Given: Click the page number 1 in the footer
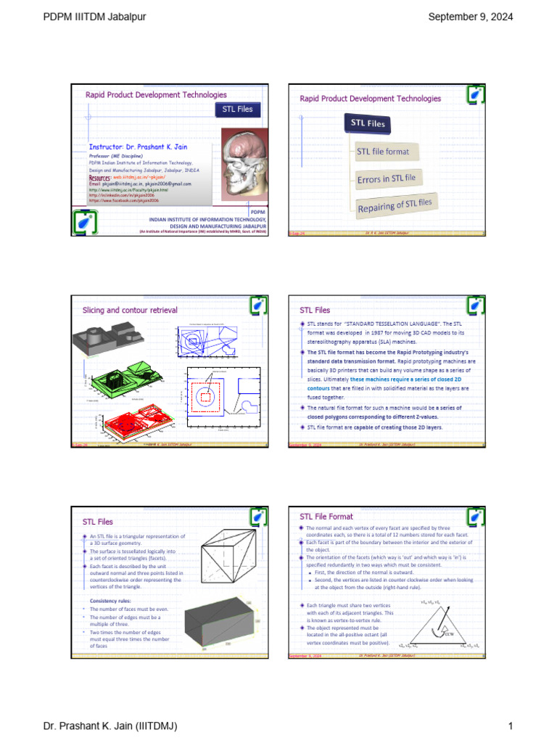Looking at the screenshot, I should tap(511, 726).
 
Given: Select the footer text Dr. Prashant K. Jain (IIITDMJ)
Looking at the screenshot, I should tap(110, 726).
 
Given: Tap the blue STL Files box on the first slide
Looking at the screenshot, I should tap(237, 109).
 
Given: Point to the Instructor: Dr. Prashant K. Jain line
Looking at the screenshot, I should tap(138, 147).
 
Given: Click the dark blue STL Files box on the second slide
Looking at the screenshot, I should tap(368, 123).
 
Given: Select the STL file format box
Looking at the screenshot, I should tap(383, 152).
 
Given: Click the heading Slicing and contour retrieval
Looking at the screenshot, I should tap(130, 310).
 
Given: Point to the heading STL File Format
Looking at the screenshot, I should tap(326, 517).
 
